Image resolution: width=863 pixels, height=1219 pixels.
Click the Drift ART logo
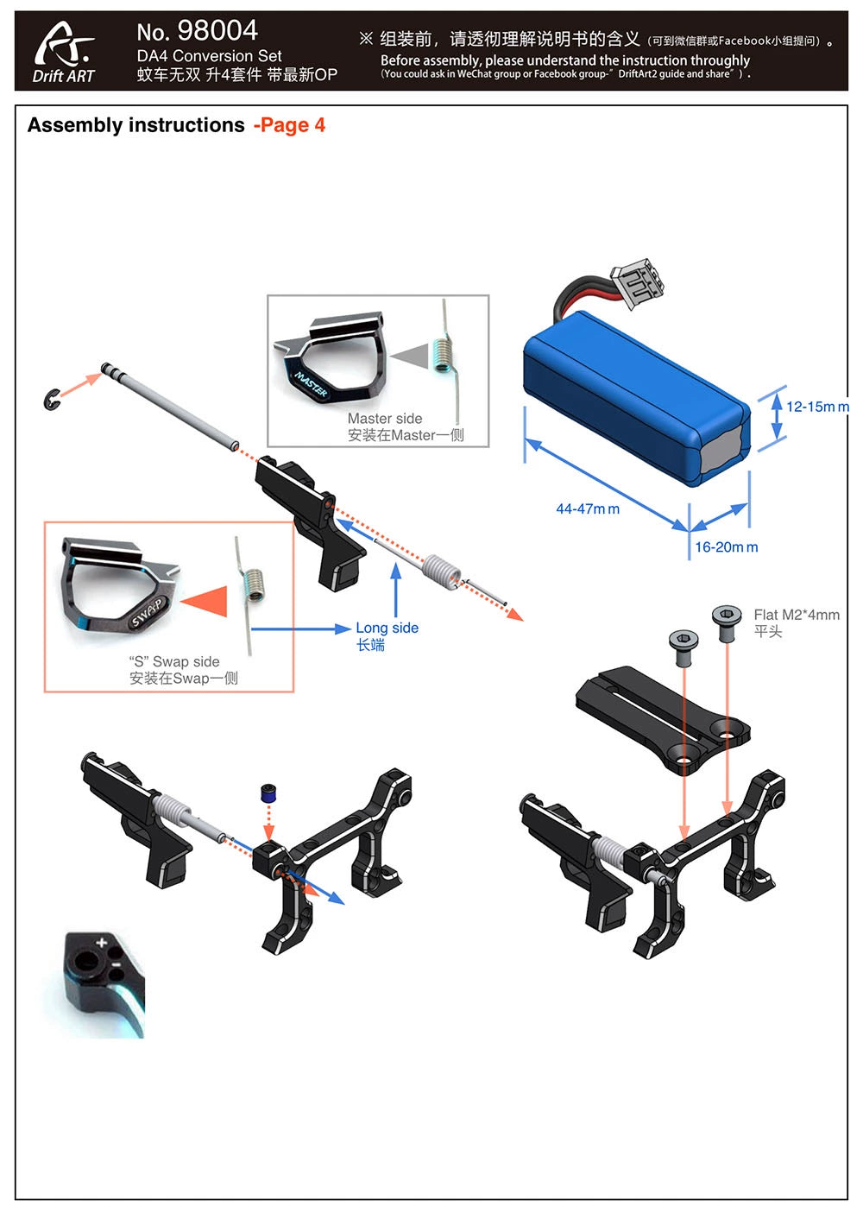tap(64, 52)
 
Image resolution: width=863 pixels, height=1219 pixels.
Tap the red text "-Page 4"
tap(290, 126)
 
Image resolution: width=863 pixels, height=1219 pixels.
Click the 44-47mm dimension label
tap(587, 509)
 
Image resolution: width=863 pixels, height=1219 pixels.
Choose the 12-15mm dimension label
tap(816, 407)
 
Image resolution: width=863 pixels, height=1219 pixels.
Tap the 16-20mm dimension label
tap(727, 547)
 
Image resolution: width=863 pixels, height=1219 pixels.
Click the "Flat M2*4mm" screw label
tap(796, 615)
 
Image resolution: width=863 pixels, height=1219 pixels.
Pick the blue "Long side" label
tap(387, 628)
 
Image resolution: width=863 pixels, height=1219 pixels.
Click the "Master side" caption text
tap(385, 419)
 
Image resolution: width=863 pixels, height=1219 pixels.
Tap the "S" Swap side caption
tap(174, 662)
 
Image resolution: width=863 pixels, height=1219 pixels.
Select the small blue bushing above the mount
tap(268, 793)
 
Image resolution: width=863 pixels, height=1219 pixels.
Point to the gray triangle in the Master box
tap(412, 356)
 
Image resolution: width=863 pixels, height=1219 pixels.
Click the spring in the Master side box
tap(443, 354)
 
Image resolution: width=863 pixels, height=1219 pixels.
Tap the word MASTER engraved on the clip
tap(311, 385)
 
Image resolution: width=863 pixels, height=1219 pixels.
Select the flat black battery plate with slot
tap(662, 714)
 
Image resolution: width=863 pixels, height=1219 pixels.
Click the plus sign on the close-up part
tap(102, 942)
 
